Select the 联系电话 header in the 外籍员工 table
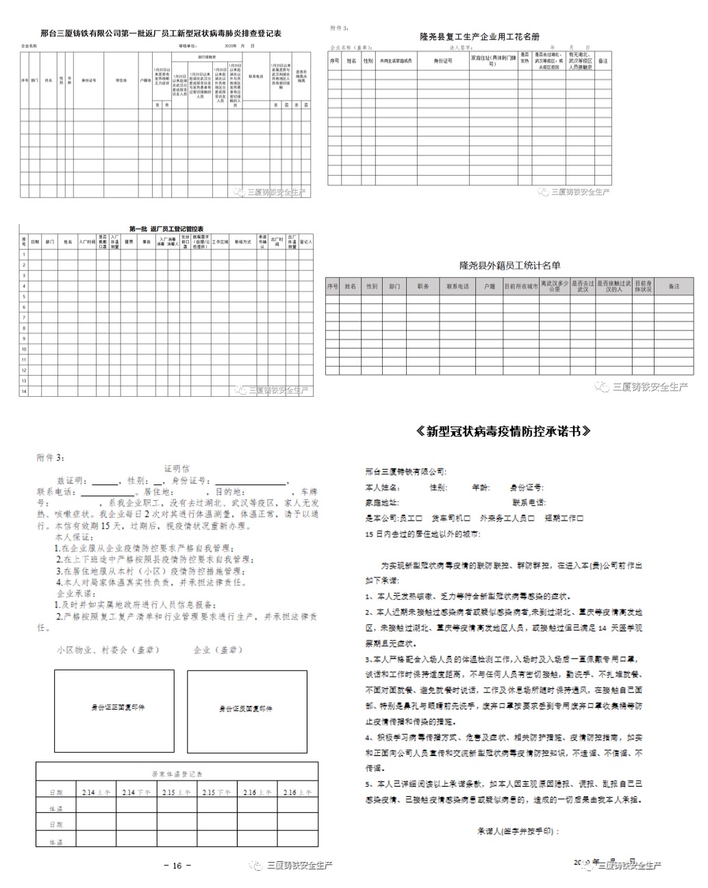457,286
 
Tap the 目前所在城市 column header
521,286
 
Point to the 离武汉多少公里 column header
554,286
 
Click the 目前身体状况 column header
643,286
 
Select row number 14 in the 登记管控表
24,391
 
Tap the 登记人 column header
307,241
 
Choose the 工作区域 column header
220,241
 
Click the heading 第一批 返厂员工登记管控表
166,228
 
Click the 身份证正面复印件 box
118,707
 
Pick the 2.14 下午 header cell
136,792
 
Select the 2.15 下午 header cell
217,792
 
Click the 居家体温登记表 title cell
177,774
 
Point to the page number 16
177,865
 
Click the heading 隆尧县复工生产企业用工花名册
479,37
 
